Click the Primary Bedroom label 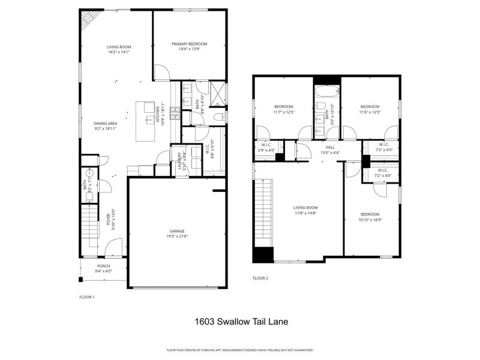point(189,44)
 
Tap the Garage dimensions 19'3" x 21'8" point(177,236)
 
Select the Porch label point(104,266)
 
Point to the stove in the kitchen point(176,112)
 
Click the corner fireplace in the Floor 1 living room point(88,22)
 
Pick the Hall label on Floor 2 point(330,146)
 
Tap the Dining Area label point(104,124)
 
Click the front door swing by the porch point(114,249)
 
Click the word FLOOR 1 point(87,297)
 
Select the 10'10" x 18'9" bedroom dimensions point(370,220)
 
